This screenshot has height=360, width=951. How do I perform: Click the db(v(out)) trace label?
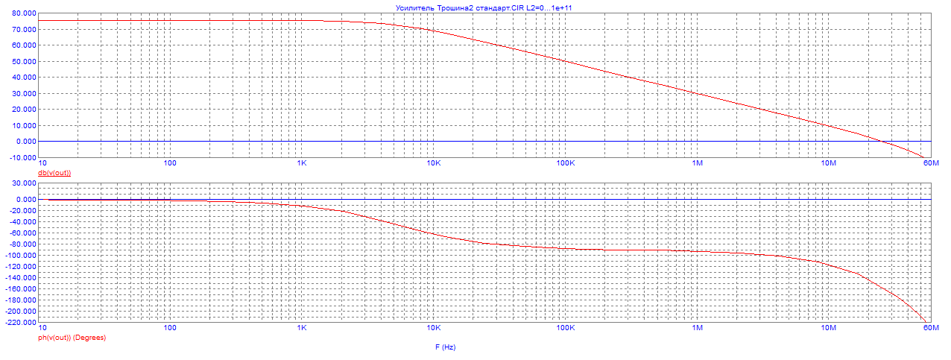tap(54, 173)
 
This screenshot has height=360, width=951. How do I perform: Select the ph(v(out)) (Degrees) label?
tap(72, 338)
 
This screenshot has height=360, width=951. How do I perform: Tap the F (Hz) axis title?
tap(445, 348)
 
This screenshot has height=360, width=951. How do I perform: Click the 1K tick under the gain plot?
tap(302, 163)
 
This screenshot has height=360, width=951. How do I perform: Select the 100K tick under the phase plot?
tap(565, 328)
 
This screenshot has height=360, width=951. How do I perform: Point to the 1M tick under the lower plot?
tap(698, 328)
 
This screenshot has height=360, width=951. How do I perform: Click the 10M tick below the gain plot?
tap(828, 163)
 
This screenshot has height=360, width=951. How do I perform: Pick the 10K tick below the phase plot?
tap(433, 328)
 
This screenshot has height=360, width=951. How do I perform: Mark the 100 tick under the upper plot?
tap(170, 163)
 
